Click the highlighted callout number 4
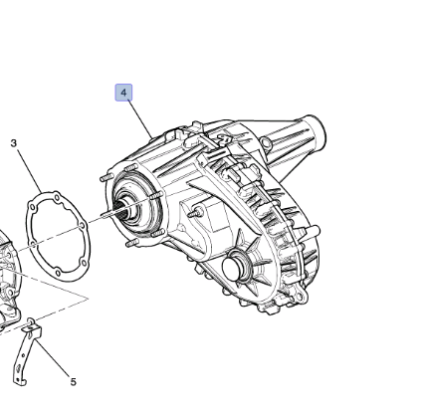point(123,93)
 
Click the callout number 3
point(13,143)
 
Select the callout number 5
point(74,382)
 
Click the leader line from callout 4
point(139,119)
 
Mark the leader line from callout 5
point(54,356)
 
